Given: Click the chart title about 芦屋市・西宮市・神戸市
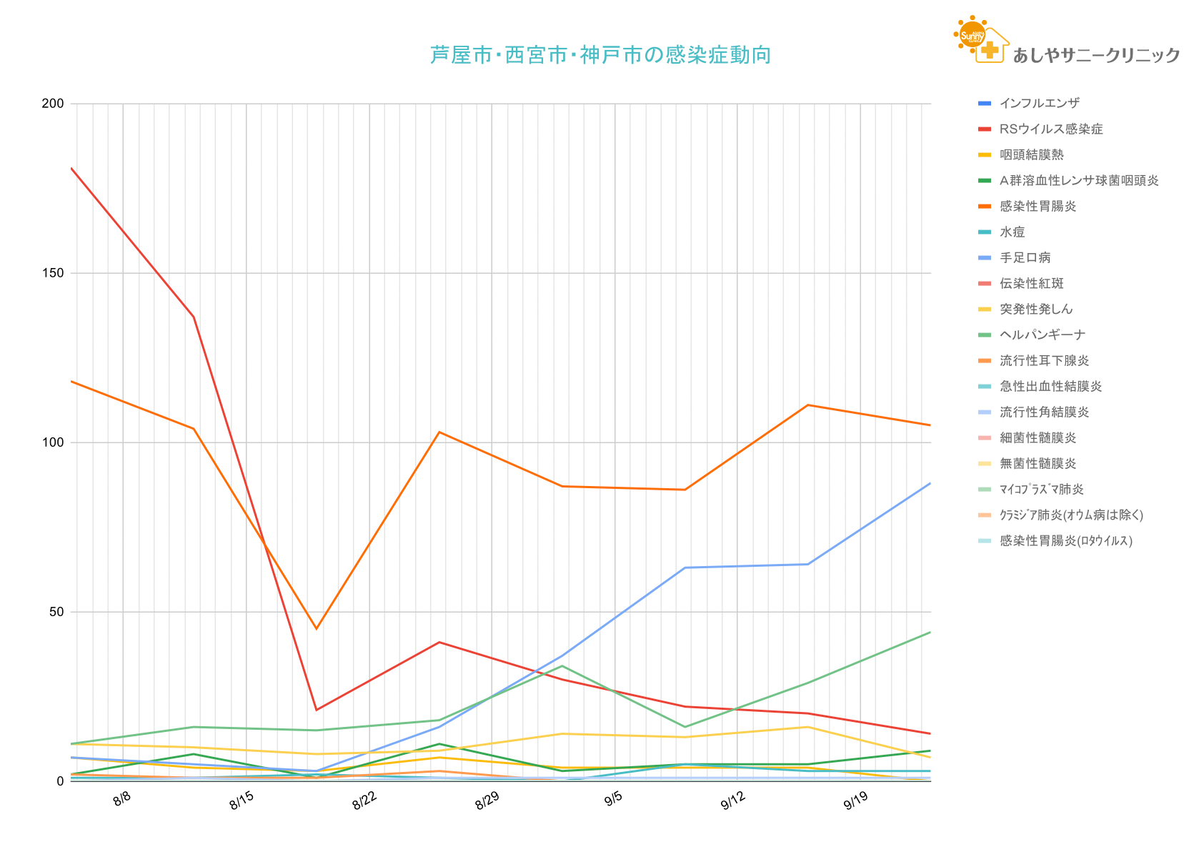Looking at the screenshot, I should coord(600,55).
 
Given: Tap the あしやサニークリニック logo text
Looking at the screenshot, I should coord(1096,55).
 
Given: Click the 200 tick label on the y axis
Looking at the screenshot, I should coord(53,104).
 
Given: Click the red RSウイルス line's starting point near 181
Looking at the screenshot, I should coord(71,169).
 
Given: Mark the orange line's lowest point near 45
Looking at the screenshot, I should coord(317,629).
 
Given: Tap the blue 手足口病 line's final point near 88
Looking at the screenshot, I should coord(930,484).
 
